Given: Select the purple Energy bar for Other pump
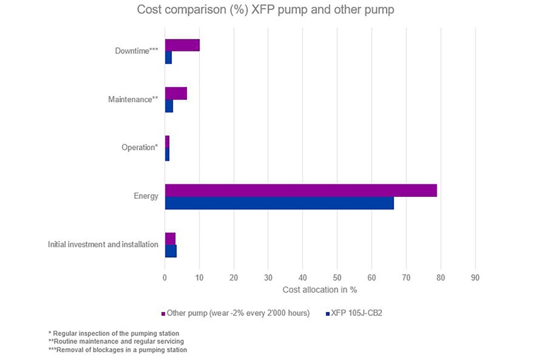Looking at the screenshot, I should [300, 190].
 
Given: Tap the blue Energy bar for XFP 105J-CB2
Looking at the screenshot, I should [279, 203].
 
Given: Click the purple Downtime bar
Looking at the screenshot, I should [182, 45].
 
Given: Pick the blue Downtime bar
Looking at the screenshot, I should [168, 58].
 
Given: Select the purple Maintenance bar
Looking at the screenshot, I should [176, 93].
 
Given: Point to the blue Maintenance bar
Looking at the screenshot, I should [169, 106].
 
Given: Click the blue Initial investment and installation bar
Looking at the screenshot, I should [171, 251].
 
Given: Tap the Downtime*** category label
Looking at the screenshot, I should [136, 51].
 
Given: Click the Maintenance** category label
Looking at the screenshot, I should [133, 99].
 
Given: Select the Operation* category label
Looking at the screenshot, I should [140, 147].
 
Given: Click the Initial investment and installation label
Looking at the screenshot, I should [103, 244].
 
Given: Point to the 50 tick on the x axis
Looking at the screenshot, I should [337, 277].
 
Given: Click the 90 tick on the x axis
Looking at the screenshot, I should [475, 277].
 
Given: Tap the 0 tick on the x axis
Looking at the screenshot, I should [165, 277].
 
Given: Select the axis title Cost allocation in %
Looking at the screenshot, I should [319, 290].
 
